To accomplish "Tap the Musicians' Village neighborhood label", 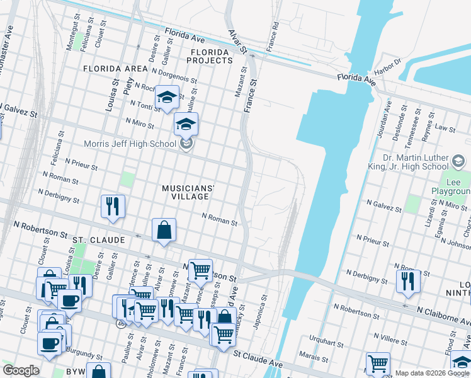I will click(x=188, y=192).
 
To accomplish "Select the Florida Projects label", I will click(x=210, y=55).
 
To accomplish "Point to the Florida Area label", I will click(x=114, y=68).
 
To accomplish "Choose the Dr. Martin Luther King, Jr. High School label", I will click(x=424, y=162).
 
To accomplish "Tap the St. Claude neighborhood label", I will click(x=98, y=241).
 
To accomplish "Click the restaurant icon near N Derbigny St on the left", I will click(x=113, y=206).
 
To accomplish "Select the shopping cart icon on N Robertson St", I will click(x=200, y=271).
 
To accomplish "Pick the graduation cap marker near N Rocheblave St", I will click(x=167, y=98).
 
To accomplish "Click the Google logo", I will click(x=21, y=370).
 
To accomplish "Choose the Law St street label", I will click(x=446, y=128).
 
